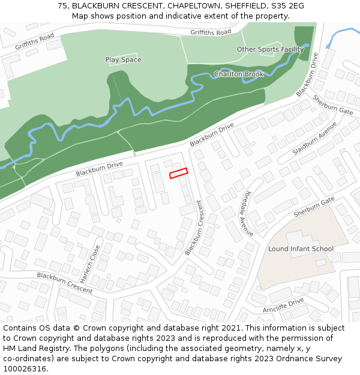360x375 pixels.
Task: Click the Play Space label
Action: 123,59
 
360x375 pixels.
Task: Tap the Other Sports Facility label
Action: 270,49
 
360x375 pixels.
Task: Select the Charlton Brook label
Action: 239,74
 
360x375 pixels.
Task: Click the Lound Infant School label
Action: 301,248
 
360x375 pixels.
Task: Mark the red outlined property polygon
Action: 178,173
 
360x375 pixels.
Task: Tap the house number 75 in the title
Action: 62,5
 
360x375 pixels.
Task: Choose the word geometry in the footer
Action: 227,349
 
